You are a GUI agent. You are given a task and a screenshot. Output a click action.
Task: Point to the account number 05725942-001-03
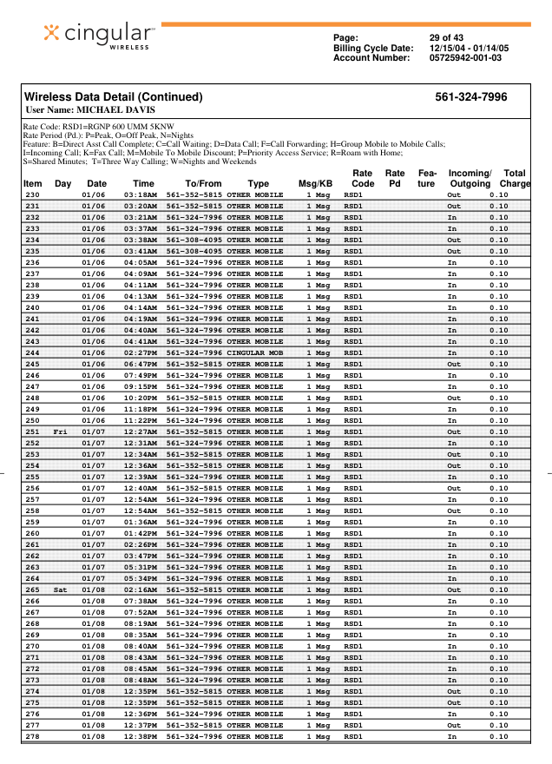point(465,58)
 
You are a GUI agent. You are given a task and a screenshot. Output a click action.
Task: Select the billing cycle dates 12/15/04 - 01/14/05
point(470,48)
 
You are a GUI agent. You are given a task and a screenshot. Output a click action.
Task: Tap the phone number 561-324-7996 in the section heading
point(471,97)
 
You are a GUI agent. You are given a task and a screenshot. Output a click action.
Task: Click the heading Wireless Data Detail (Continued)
point(113,97)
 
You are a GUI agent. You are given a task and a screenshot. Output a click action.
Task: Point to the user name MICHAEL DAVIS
point(90,110)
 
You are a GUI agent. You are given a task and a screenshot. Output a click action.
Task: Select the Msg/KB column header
point(315,184)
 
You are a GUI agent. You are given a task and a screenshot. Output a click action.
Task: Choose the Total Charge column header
point(515,179)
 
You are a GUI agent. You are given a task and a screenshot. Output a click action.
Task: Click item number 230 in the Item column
point(32,195)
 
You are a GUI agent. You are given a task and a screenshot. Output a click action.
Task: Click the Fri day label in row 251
point(60,431)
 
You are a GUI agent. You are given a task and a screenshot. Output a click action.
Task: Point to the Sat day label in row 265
point(60,589)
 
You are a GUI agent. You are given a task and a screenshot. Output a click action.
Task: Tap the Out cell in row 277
point(453,725)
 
